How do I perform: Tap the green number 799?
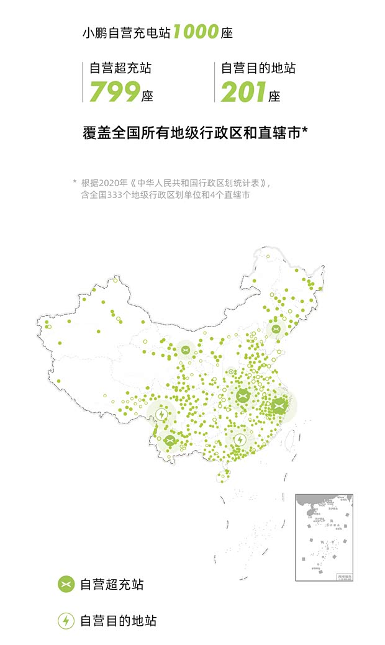(114, 92)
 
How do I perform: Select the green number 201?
(243, 92)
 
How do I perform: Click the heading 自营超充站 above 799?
(120, 68)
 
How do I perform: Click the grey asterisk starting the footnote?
(75, 183)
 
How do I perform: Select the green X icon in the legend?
(66, 584)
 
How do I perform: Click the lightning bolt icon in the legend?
(66, 620)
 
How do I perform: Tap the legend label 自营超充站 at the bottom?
(112, 585)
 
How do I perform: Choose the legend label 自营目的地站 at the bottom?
(118, 620)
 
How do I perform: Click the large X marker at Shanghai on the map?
(278, 406)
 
